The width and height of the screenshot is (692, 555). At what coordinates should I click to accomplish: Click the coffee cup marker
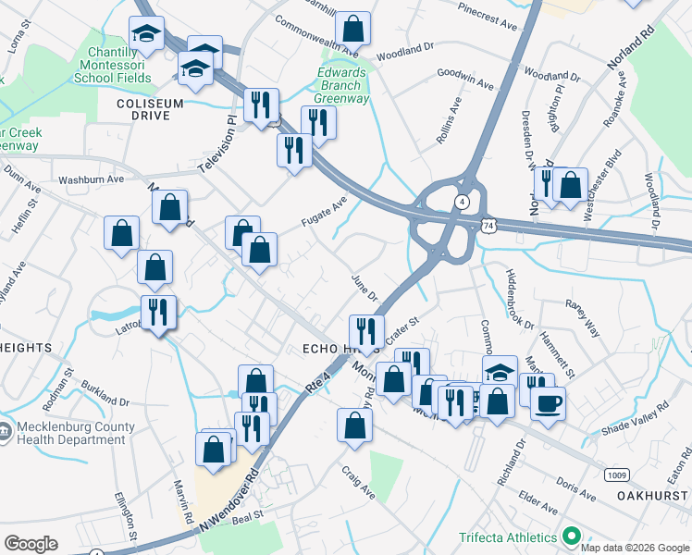point(547,403)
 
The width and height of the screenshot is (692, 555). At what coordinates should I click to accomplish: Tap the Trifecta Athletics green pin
point(572,536)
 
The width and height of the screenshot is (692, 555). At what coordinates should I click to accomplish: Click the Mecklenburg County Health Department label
point(69,434)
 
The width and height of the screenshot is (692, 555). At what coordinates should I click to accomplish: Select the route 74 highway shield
point(488,224)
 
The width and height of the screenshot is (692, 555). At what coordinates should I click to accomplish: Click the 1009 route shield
point(617,475)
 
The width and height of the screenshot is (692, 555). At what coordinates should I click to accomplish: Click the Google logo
point(31,544)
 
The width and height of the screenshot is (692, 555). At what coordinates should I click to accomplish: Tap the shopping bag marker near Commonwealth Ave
point(352,29)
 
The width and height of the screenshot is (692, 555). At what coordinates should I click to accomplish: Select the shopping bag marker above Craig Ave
point(354,425)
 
